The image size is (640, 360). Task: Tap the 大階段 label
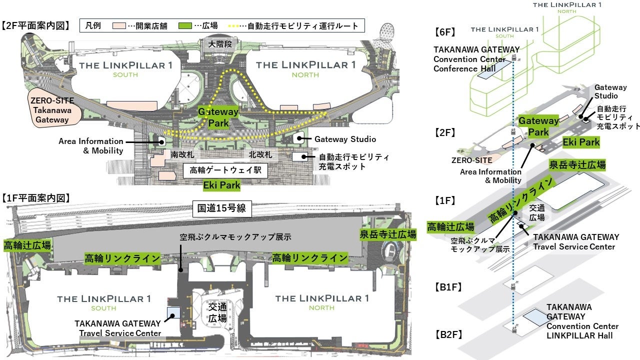tap(221, 44)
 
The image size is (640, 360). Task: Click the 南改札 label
tap(179, 155)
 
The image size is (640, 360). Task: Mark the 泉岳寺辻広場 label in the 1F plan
tap(388, 234)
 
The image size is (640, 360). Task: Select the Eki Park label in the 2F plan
tap(221, 185)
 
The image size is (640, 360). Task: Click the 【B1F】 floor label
tap(447, 287)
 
